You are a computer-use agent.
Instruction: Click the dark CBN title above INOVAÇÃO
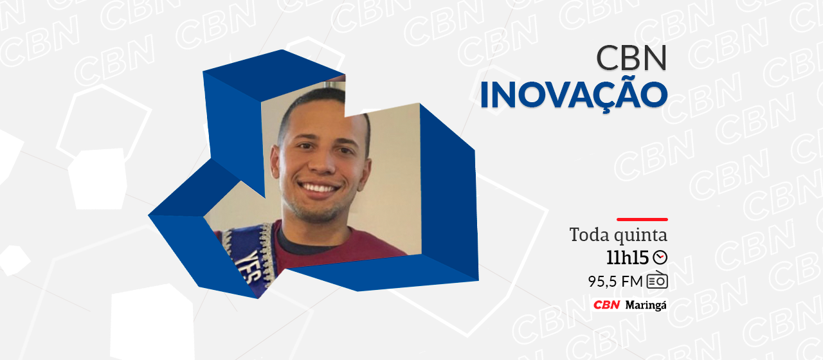coord(631,58)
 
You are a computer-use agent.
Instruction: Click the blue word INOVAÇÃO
coord(574,94)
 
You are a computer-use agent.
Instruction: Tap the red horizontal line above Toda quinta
coord(642,219)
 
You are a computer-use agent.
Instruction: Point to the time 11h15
coord(627,257)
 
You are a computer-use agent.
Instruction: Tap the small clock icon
coord(660,257)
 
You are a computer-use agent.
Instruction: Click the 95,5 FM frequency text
coord(615,282)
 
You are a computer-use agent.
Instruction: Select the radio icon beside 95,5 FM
coord(657,280)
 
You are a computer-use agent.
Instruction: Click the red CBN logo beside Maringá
coord(606,305)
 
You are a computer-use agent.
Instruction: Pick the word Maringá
coord(646,305)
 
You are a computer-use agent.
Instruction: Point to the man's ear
coord(275,163)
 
